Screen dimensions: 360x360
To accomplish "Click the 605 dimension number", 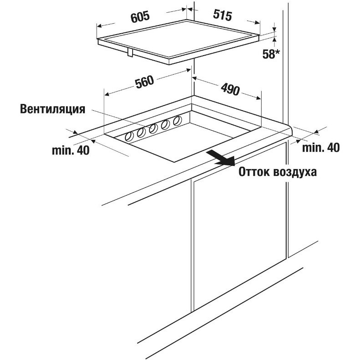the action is tap(140, 17).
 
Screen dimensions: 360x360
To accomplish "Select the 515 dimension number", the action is tap(222, 15).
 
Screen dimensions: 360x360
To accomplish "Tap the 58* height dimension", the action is tap(271, 54).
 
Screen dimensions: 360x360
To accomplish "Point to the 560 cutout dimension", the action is tap(144, 82).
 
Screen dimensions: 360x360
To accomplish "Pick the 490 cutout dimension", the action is tap(230, 89).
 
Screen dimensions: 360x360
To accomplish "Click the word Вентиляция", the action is tap(52, 109).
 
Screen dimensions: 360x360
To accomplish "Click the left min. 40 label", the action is tap(71, 150).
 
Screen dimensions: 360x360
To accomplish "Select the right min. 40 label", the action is tap(321, 148).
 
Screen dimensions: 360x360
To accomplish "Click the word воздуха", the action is tap(295, 172).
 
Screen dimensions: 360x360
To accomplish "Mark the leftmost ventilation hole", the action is tap(129, 137).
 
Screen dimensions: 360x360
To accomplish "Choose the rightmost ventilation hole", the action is tap(177, 121).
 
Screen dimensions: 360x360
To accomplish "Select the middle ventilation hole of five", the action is tap(153, 129).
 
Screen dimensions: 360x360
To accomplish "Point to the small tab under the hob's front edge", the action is tap(130, 52).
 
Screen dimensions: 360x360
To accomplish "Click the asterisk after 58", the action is tap(278, 52).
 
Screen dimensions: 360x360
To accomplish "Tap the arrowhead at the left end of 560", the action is tap(107, 94).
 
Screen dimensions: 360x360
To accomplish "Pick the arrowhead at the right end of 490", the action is tap(258, 98).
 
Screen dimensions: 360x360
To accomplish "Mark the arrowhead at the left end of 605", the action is tap(99, 26).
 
